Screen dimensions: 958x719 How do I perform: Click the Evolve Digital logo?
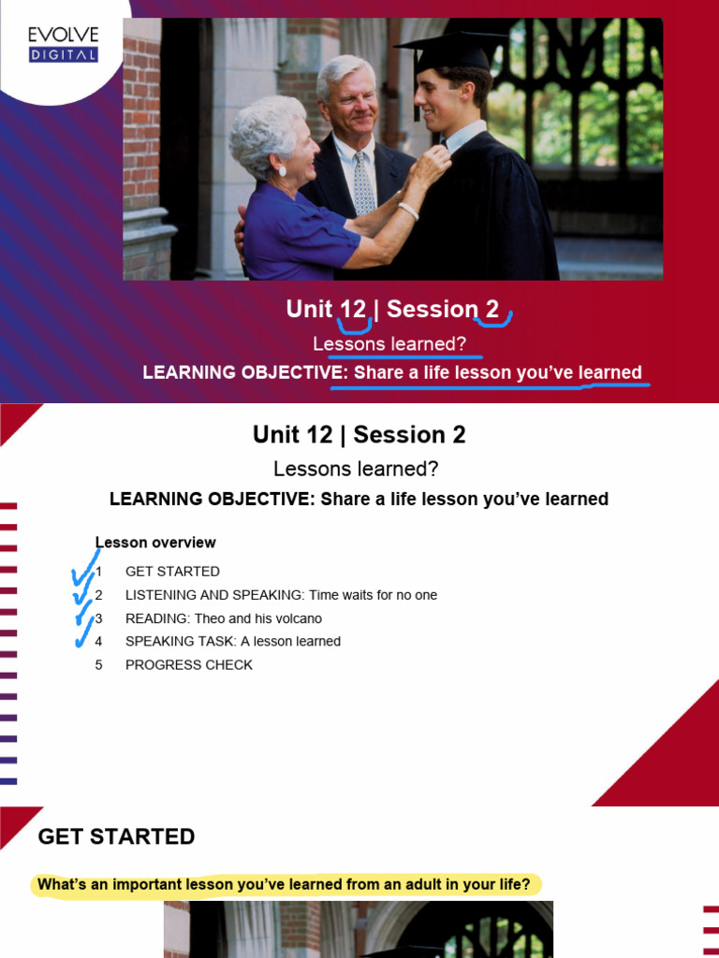click(x=63, y=44)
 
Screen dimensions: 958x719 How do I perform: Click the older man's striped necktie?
click(x=363, y=185)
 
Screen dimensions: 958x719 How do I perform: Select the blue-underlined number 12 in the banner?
click(x=353, y=310)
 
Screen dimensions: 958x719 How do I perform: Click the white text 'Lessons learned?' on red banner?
click(x=389, y=344)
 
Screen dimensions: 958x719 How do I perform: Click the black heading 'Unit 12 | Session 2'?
click(x=359, y=435)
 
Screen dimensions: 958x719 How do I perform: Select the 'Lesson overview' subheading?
click(x=156, y=543)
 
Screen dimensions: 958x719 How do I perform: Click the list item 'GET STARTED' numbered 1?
click(x=172, y=572)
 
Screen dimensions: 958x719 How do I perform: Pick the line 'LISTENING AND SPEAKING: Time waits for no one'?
click(x=281, y=595)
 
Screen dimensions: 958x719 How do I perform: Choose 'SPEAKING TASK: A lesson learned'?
click(x=232, y=642)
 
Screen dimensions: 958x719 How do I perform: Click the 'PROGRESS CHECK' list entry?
click(x=188, y=665)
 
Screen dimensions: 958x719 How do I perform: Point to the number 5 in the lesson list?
click(x=98, y=665)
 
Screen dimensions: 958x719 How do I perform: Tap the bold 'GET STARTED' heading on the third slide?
click(x=116, y=836)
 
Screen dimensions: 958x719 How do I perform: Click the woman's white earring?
click(x=282, y=171)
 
